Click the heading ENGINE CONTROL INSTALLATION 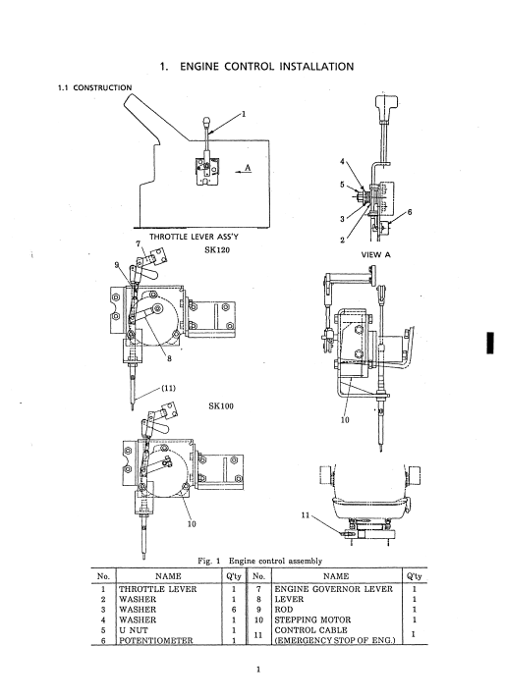[x=266, y=67]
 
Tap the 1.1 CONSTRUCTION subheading [x=94, y=87]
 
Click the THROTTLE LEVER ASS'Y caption [x=194, y=237]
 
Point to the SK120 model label [x=217, y=250]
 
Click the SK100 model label [x=221, y=406]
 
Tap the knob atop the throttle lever [x=206, y=121]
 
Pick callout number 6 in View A [x=410, y=212]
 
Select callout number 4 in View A [x=342, y=161]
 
